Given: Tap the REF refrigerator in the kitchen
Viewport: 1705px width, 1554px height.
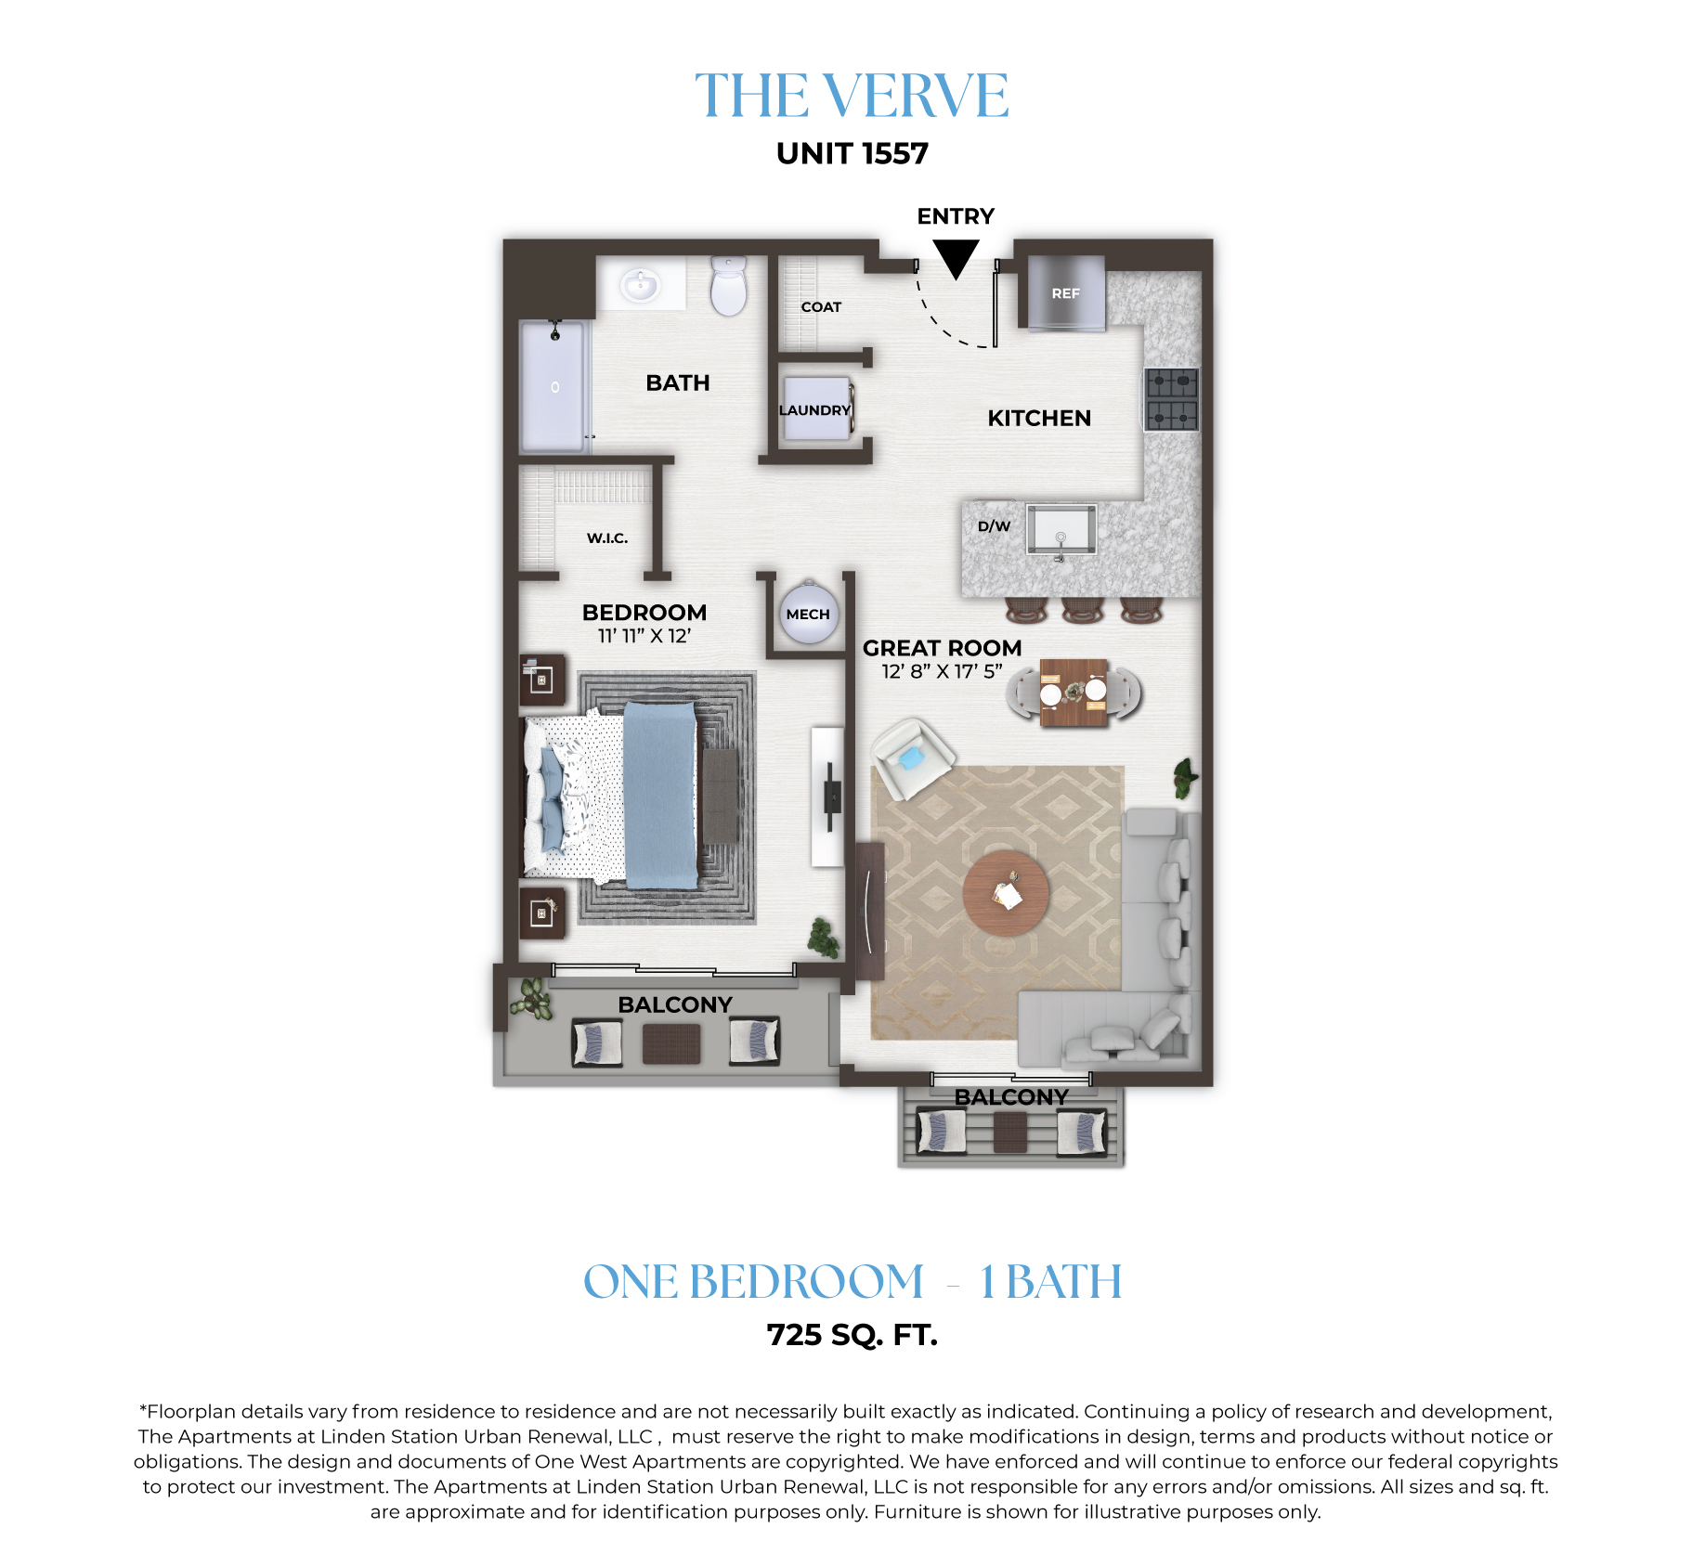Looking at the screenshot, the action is click(x=1066, y=293).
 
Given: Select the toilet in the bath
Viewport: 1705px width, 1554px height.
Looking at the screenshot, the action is click(x=729, y=286).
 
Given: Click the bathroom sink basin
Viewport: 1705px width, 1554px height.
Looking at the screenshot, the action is click(x=640, y=284).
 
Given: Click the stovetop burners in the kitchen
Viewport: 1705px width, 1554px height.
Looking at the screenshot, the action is click(x=1172, y=399).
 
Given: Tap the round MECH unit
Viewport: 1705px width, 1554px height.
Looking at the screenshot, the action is click(x=808, y=613).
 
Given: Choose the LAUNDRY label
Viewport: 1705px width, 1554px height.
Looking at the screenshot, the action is click(x=814, y=410).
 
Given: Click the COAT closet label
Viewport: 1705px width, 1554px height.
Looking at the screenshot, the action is click(x=821, y=307).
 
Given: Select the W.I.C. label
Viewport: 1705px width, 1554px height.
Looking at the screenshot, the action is click(x=607, y=538).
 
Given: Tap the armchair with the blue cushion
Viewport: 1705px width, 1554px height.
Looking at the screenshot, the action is click(x=912, y=758).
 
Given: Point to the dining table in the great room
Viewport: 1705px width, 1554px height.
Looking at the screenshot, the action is click(x=1074, y=693).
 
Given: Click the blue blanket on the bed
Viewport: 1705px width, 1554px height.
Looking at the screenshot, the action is click(x=660, y=795).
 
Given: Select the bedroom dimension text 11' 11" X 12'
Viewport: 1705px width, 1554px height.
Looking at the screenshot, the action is click(x=644, y=636).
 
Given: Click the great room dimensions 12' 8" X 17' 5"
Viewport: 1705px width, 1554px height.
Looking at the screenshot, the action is click(x=942, y=671).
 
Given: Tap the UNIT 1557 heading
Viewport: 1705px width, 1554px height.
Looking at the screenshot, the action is click(x=852, y=153).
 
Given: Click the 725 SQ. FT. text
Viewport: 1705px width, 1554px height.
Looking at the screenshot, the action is click(x=852, y=1335).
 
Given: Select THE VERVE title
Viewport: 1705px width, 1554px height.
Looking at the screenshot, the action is click(x=852, y=96).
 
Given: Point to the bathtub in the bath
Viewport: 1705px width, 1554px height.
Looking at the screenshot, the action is click(x=553, y=386).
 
